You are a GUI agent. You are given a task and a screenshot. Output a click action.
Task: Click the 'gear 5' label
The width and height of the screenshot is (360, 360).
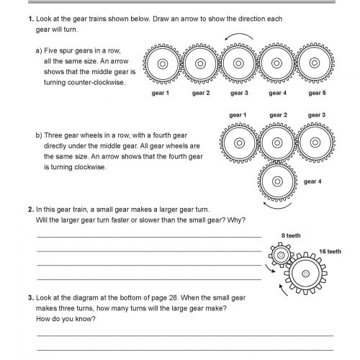click(x=316, y=93)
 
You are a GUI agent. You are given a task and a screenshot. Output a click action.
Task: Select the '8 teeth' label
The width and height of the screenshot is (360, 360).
click(x=289, y=236)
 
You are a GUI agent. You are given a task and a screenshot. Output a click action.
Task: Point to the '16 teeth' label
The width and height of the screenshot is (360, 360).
click(x=330, y=251)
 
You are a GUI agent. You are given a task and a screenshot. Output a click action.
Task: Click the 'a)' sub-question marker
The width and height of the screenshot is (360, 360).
click(x=39, y=51)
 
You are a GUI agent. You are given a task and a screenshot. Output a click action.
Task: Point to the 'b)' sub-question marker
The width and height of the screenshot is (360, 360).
click(x=39, y=135)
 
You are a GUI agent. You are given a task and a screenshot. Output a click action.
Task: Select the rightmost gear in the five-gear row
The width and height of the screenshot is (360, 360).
click(x=317, y=65)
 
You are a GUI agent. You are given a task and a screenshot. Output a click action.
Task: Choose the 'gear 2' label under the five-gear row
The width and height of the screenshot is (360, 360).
click(x=200, y=93)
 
